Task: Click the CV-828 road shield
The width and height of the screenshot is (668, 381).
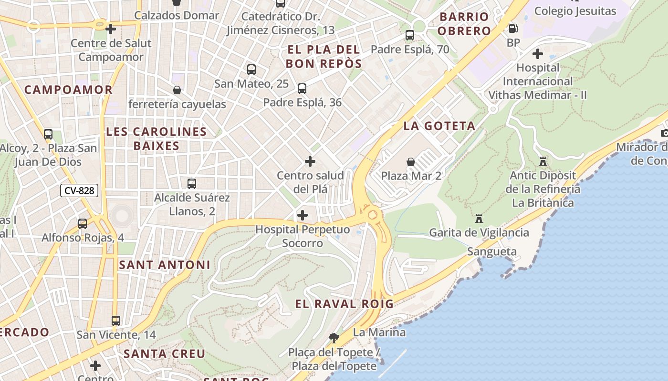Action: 79,190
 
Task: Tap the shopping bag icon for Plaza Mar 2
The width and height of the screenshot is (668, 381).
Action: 410,162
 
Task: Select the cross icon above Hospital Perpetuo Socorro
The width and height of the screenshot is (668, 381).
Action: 303,215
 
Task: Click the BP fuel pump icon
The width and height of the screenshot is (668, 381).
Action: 513,29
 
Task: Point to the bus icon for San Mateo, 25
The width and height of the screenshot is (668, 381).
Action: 251,70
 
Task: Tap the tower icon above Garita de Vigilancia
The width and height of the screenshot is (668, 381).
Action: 479,219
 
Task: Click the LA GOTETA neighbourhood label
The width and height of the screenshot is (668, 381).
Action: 439,126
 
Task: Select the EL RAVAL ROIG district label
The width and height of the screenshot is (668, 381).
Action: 344,304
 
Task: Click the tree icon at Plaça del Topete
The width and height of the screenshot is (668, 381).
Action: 334,338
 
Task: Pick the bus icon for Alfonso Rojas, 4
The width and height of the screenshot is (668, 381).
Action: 83,223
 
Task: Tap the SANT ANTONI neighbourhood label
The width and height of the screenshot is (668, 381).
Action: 164,265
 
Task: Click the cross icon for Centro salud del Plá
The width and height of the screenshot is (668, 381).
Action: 310,161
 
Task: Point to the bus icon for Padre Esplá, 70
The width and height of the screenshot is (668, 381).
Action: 410,35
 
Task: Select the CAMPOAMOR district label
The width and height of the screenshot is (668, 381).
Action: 68,90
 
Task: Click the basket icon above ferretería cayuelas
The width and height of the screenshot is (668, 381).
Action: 177,90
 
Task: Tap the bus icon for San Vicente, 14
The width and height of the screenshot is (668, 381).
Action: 116,321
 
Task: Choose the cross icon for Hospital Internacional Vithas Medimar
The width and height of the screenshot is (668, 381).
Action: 538,53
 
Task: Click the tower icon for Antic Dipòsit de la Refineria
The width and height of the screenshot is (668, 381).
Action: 543,161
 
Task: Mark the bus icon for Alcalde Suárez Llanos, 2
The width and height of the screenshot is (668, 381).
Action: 192,183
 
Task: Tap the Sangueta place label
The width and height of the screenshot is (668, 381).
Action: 491,251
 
